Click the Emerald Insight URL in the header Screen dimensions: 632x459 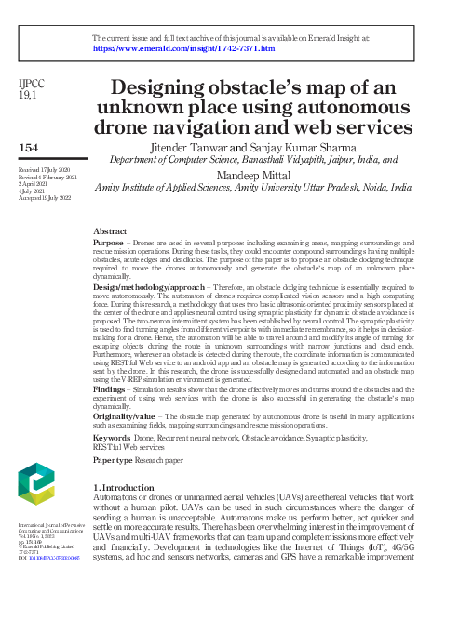point(183,47)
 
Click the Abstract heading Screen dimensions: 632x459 point(110,230)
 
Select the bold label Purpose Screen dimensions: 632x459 point(110,242)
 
